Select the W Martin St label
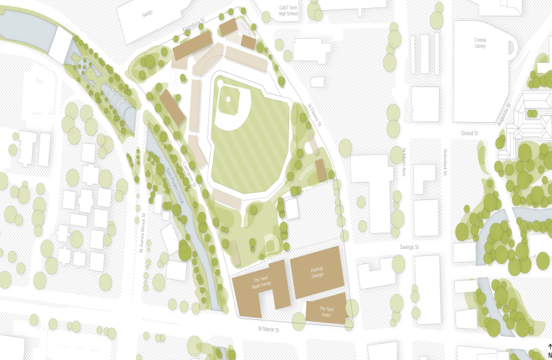coord(268,329)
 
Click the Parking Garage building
coord(317,272)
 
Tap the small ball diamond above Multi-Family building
coord(270,241)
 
